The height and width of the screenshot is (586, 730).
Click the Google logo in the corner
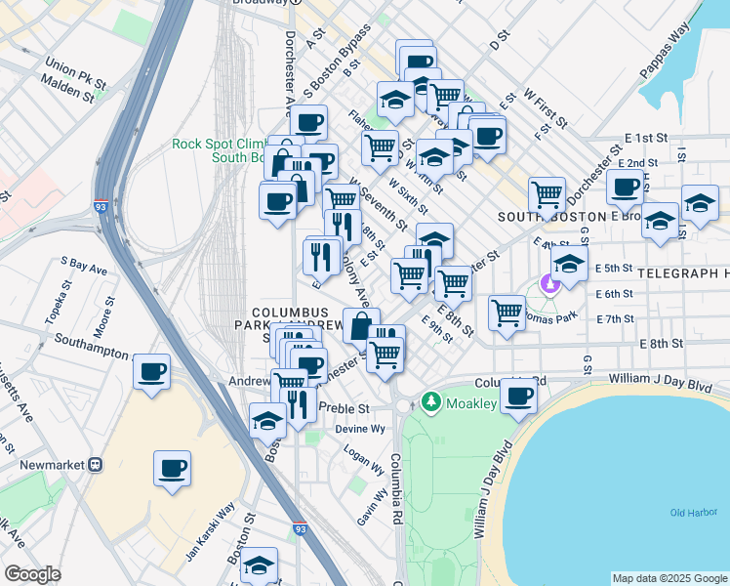point(32,574)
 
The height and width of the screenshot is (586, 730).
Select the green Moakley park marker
point(430,402)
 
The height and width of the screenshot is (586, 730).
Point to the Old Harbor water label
point(693,513)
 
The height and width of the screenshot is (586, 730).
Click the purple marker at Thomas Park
point(549,284)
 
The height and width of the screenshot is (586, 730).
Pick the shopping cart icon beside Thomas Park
point(507,314)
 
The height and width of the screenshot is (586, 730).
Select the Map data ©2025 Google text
point(669,577)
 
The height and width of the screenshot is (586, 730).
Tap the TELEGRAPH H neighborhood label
point(683,273)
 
